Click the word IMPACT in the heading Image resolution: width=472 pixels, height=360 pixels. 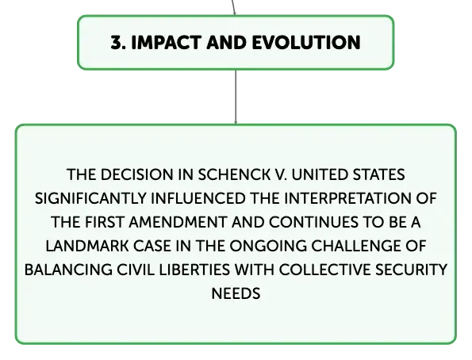(x=167, y=43)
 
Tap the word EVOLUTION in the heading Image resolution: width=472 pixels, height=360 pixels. (x=306, y=43)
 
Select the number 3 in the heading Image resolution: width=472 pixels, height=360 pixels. (x=116, y=43)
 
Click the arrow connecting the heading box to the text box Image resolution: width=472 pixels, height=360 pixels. (x=236, y=97)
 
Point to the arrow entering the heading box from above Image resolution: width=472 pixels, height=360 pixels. (x=233, y=7)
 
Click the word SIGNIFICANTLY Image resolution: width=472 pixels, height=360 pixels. (x=90, y=199)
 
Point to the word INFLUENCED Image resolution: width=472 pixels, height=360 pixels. (x=198, y=199)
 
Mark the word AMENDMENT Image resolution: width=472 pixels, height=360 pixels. (x=178, y=223)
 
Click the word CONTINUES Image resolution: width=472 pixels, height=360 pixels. (x=313, y=223)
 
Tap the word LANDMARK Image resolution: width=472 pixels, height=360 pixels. (x=87, y=247)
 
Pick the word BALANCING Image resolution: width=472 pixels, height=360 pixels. (x=68, y=270)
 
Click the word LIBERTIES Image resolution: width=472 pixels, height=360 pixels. (x=194, y=270)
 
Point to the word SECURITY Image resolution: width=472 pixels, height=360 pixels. (x=411, y=270)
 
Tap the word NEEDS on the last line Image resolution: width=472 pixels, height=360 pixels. (x=236, y=293)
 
